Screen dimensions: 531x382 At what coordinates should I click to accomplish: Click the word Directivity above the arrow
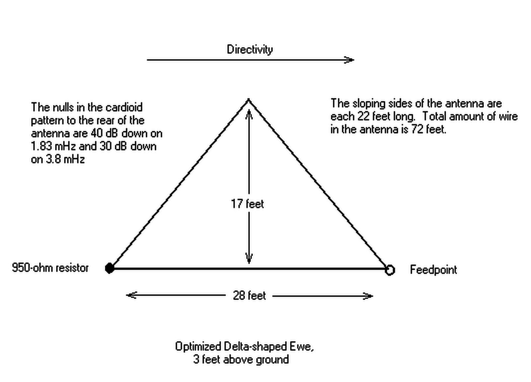pyautogui.click(x=250, y=49)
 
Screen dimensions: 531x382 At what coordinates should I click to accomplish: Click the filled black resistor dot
pyautogui.click(x=110, y=268)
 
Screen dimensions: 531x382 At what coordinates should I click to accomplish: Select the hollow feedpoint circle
pyautogui.click(x=390, y=270)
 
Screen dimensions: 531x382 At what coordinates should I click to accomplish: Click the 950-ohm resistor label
pyautogui.click(x=50, y=268)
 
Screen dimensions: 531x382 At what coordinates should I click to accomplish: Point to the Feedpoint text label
pyautogui.click(x=433, y=269)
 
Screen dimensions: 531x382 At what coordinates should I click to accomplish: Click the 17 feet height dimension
pyautogui.click(x=247, y=204)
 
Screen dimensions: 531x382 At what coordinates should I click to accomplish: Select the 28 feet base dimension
pyautogui.click(x=249, y=295)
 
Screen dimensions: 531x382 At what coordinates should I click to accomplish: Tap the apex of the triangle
pyautogui.click(x=249, y=100)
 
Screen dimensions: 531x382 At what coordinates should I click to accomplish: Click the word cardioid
pyautogui.click(x=124, y=108)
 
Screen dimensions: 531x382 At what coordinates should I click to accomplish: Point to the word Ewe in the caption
pyautogui.click(x=301, y=346)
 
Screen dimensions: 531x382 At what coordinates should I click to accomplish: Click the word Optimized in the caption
pyautogui.click(x=198, y=347)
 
